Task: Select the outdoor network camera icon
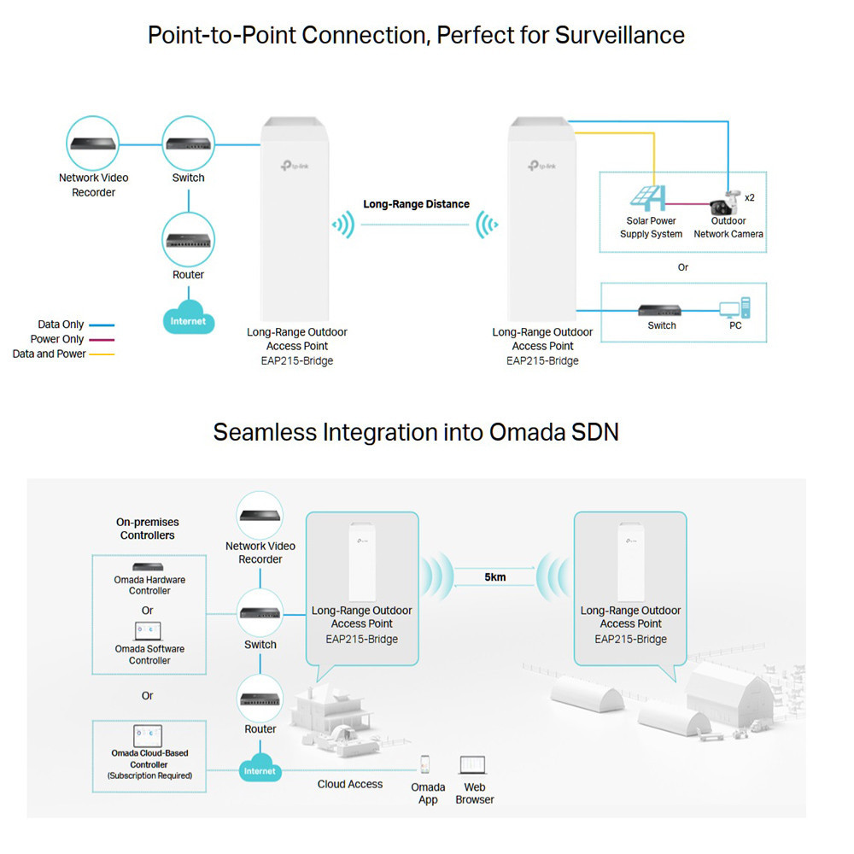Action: [724, 202]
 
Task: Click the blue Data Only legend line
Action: [101, 325]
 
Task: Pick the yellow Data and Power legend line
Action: [101, 354]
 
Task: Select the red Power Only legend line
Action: [101, 340]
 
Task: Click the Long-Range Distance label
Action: [416, 204]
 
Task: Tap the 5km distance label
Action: [494, 577]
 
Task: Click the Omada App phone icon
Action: [424, 764]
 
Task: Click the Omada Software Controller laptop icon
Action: [148, 632]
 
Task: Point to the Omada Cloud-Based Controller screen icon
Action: [148, 735]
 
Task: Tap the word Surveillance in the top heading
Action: [620, 35]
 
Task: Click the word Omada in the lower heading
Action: [533, 431]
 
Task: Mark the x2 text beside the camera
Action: [750, 197]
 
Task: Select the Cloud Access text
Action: [350, 784]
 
